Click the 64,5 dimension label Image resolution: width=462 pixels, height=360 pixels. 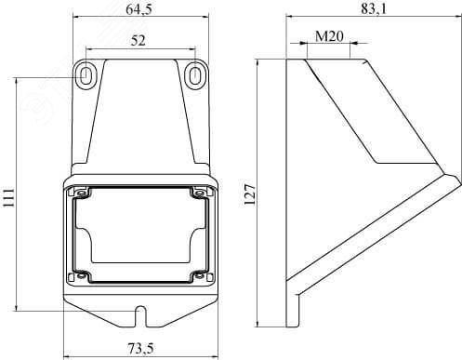pos(139,9)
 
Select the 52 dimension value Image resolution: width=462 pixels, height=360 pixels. pos(138,40)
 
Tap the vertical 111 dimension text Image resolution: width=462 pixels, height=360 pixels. pos(8,197)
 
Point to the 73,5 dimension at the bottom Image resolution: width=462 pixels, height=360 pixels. pos(141,350)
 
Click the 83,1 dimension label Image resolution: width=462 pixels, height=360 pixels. pos(374,9)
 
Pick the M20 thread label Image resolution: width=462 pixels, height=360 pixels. pos(329,36)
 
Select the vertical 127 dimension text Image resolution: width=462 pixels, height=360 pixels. pos(250,194)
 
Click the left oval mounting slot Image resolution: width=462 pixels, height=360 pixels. pos(86,74)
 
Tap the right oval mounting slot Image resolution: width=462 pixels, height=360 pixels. pos(194,75)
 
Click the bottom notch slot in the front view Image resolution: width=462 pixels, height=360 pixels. pos(141,316)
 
